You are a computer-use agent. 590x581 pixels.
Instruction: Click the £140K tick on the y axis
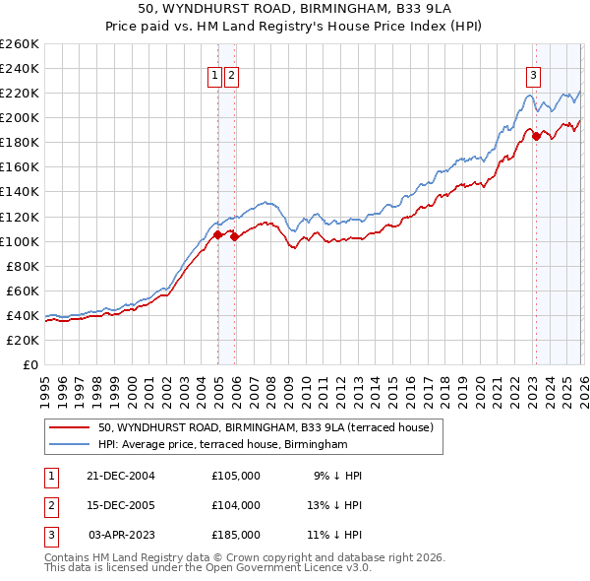pos(19,192)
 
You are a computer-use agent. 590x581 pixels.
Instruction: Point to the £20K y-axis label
pos(19,340)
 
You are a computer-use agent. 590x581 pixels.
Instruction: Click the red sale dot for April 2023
pos(537,136)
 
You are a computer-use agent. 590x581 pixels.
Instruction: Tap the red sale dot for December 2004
pos(217,234)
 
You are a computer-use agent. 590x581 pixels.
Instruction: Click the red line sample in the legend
pos(70,427)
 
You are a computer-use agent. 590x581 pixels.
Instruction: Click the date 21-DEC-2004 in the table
pos(121,476)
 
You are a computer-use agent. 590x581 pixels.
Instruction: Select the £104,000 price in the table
pos(236,505)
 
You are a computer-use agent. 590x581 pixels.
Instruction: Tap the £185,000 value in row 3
pos(236,535)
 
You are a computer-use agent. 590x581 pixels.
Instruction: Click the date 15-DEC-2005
pos(121,505)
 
